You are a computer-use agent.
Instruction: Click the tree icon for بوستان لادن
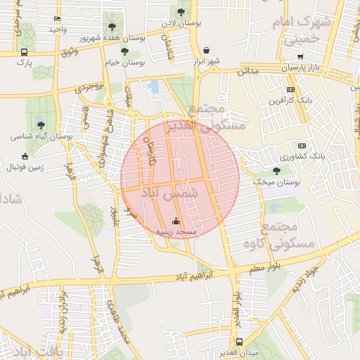[x=181, y=12]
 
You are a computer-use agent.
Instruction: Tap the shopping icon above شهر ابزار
[x=206, y=51]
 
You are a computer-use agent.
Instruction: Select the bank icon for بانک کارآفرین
[x=291, y=90]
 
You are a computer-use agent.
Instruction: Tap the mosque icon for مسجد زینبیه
[x=176, y=221]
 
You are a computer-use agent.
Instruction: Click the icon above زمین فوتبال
[x=25, y=156]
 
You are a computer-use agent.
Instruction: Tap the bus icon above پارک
[x=25, y=52]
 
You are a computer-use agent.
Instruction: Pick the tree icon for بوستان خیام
[x=124, y=51]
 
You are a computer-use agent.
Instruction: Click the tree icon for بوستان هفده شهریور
[x=112, y=27]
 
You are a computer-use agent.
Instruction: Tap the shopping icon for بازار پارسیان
[x=300, y=58]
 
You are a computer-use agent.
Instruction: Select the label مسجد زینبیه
[x=176, y=231]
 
